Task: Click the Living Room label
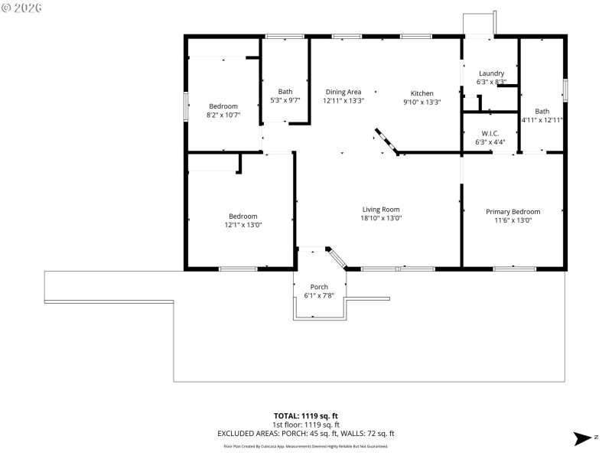(x=381, y=209)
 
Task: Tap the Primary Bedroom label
(x=513, y=211)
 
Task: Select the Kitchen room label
(x=422, y=93)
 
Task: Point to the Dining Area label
(x=343, y=91)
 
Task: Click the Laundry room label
(x=490, y=73)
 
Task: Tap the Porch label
(x=319, y=287)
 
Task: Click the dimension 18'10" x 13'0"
(x=381, y=218)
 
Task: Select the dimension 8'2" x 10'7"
(x=223, y=115)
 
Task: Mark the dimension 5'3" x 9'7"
(x=285, y=100)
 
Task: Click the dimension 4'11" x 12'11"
(x=542, y=119)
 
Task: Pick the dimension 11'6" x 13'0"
(x=513, y=220)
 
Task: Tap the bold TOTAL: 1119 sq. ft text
(x=306, y=415)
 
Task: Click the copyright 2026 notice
(x=22, y=8)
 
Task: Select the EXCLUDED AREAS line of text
(x=306, y=434)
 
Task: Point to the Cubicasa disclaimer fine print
(x=306, y=446)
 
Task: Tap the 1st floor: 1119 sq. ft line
(x=306, y=425)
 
